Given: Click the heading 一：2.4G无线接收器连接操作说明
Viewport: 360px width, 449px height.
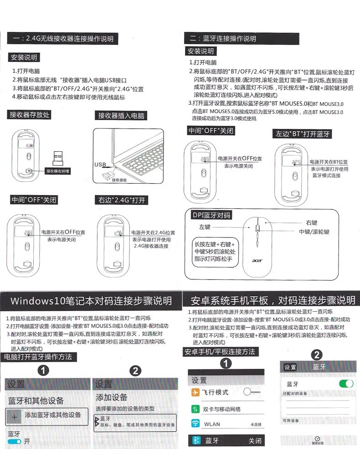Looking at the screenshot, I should (x=63, y=38).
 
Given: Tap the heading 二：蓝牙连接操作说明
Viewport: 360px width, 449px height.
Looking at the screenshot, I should (x=223, y=39).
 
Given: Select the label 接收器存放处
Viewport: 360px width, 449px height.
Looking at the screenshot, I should (x=30, y=114).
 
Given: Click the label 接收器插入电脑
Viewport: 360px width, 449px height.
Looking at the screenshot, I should (x=122, y=116).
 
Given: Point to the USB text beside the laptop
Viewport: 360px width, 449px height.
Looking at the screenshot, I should (x=100, y=165).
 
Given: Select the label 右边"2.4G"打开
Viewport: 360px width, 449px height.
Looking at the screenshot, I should (x=122, y=200).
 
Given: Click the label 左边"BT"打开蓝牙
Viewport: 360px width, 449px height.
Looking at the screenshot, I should (x=303, y=134).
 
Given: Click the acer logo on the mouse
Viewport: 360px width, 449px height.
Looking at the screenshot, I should (x=257, y=261).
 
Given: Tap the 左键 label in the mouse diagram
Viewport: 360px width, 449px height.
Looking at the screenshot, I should (x=205, y=227).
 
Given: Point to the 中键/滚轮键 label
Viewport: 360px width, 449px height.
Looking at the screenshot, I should (x=314, y=232).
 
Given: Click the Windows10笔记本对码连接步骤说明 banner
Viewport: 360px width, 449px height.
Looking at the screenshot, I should (x=91, y=301).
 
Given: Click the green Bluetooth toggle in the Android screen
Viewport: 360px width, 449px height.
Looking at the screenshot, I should (x=346, y=384).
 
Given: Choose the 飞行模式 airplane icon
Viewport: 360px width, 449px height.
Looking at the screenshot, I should (x=195, y=392).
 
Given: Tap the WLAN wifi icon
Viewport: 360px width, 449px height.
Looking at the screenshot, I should (x=195, y=424).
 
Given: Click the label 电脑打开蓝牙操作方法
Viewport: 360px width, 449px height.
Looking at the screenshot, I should (x=38, y=357).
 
